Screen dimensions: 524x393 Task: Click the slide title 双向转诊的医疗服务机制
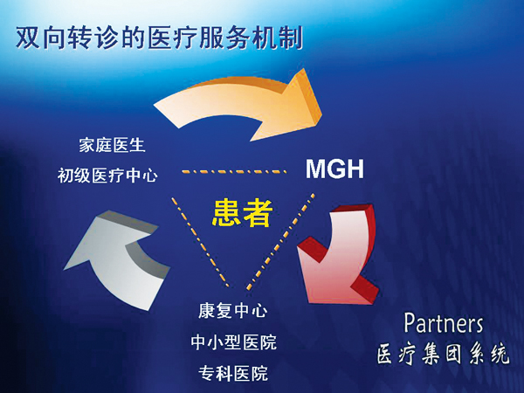160,38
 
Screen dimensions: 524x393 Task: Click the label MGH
334,169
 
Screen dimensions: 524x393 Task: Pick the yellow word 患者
242,213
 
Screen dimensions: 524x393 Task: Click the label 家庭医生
112,146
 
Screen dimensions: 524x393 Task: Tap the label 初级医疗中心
107,176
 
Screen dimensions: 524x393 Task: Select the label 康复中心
233,311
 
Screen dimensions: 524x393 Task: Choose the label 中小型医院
233,341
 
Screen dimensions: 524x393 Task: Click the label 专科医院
233,373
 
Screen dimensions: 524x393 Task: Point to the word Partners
444,323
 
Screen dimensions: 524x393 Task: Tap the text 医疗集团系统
444,355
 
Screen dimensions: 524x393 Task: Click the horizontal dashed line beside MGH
234,172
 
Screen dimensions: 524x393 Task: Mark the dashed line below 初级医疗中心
201,242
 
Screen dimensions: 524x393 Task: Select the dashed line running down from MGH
280,241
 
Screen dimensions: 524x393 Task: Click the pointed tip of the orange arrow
321,114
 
